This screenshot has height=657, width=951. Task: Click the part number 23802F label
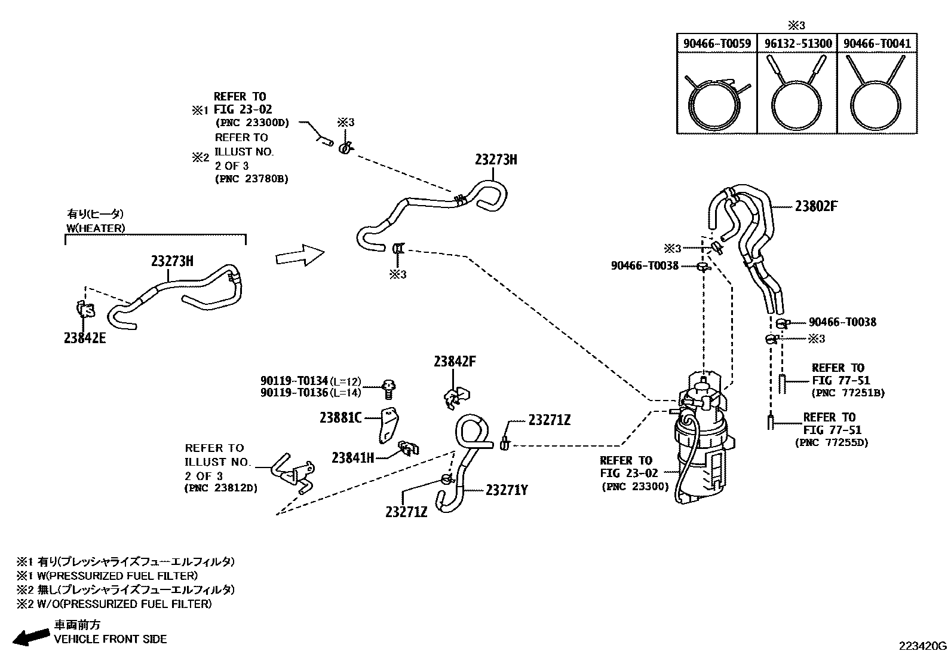pos(816,206)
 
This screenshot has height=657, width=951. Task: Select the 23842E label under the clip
pos(85,338)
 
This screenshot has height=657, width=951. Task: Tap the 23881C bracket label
pos(340,418)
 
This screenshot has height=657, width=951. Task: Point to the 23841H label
pos(353,458)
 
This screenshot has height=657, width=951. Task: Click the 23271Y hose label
pos(507,490)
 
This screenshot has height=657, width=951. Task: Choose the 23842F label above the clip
pos(455,362)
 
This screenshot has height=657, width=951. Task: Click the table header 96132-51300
pos(797,44)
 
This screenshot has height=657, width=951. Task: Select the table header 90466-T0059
pos(717,44)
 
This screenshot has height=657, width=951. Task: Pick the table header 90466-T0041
pos(877,44)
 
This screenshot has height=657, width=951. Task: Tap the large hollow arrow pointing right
pos(300,256)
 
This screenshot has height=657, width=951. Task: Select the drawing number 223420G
pos(924,646)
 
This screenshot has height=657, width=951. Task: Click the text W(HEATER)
pos(96,228)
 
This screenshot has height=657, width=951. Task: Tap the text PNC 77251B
pos(848,393)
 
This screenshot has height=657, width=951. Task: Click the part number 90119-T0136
pos(294,392)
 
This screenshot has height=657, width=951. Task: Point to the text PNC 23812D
pos(221,488)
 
